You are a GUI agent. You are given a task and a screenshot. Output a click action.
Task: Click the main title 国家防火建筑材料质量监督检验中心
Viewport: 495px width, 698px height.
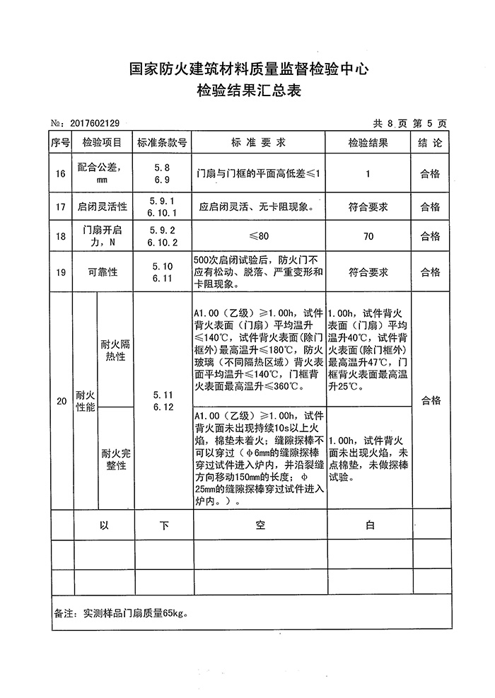pos(248,69)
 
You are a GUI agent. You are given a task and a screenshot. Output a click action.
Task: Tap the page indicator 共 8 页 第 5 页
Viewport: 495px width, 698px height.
pos(410,124)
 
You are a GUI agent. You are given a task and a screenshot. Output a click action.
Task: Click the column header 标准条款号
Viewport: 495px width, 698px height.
pos(162,143)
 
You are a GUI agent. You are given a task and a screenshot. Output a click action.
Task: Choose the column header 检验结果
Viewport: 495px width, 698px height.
pos(368,143)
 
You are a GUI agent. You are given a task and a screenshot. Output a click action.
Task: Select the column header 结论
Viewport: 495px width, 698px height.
pos(430,143)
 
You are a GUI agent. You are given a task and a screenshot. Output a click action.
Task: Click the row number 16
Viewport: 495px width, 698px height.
pos(61,173)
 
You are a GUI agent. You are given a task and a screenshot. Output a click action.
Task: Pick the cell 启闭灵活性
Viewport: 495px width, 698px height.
pos(103,207)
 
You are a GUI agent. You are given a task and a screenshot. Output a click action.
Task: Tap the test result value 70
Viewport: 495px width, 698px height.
pos(368,237)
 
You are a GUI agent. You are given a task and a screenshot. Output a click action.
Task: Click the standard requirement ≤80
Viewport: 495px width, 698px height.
pos(259,237)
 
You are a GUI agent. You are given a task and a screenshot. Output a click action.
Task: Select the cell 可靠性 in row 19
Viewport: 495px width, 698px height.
pos(103,272)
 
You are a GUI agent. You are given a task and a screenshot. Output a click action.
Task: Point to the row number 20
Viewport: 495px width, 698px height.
pos(61,401)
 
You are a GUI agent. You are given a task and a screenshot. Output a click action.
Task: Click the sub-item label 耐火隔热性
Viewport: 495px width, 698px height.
pos(116,350)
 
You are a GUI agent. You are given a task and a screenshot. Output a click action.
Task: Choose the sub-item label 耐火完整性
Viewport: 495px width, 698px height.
pos(116,460)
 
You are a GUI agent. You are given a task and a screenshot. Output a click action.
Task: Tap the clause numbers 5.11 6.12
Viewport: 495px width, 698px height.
pos(163,401)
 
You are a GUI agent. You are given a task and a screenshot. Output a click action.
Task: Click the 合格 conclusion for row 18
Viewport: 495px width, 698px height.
pos(430,237)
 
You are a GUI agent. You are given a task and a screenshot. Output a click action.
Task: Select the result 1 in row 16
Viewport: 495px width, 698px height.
pos(368,173)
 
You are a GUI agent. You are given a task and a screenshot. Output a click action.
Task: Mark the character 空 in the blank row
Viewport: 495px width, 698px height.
pos(259,525)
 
